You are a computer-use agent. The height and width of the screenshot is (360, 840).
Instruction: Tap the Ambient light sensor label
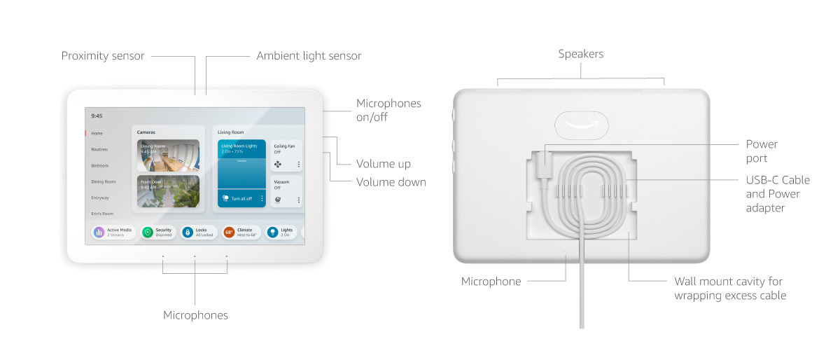[309, 55]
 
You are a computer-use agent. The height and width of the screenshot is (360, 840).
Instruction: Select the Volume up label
[383, 164]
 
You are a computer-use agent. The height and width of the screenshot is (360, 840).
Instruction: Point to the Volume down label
[391, 182]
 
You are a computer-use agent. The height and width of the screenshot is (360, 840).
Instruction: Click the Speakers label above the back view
[580, 54]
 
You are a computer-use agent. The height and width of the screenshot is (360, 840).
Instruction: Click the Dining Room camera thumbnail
[168, 155]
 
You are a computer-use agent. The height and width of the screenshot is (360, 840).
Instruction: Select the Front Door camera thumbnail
[168, 191]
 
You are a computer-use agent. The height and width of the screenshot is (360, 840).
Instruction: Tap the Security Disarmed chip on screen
[157, 232]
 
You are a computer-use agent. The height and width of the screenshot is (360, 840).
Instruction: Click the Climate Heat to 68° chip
[241, 232]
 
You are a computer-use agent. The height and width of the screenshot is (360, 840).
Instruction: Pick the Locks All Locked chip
[199, 232]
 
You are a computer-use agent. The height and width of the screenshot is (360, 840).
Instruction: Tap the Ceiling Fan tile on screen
[286, 155]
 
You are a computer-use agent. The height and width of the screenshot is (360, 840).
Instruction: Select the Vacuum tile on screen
[286, 191]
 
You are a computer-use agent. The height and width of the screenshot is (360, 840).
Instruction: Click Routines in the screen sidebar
[99, 149]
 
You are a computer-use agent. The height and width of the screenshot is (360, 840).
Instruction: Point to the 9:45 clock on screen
[97, 116]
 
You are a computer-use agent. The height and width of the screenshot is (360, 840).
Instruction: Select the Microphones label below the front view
[195, 315]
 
